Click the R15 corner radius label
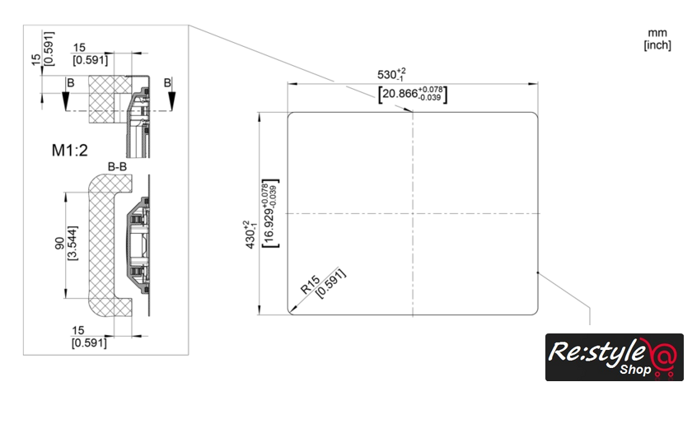[310, 285]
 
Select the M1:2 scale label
[70, 151]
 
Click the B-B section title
[117, 166]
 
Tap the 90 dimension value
[59, 244]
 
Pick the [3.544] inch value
[72, 243]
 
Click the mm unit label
[657, 33]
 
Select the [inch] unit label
[657, 45]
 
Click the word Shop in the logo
[635, 370]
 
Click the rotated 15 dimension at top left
[36, 60]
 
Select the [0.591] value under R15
[331, 284]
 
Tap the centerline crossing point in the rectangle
[413, 213]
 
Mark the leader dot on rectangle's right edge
[537, 273]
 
